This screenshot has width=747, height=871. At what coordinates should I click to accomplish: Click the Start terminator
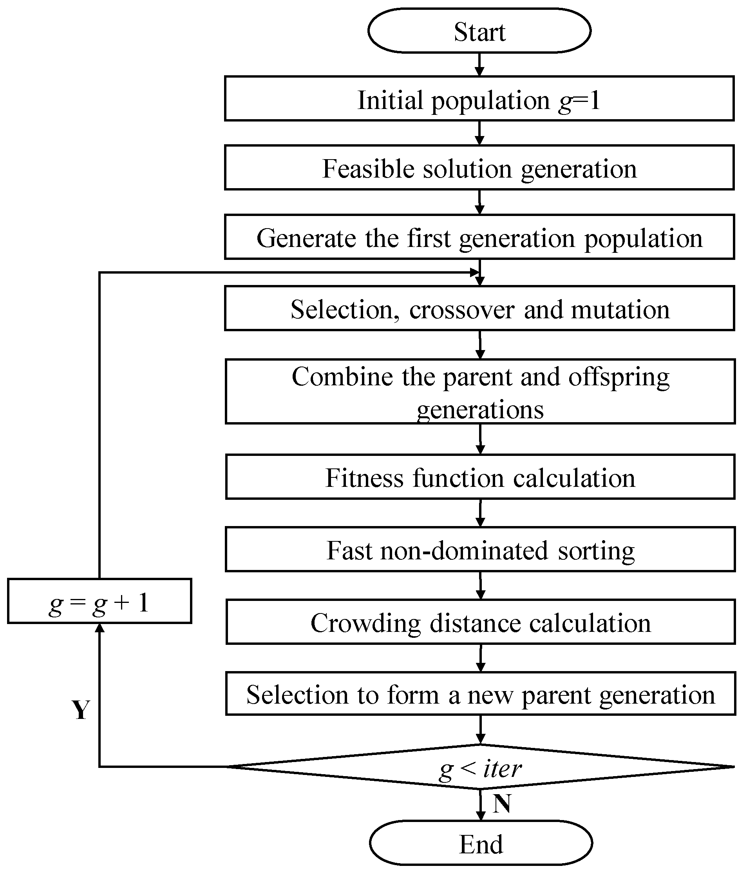click(479, 31)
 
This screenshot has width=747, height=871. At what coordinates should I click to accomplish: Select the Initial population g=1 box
click(479, 99)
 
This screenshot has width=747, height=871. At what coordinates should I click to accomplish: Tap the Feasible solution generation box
click(479, 168)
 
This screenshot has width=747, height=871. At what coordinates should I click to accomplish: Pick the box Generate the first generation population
click(479, 237)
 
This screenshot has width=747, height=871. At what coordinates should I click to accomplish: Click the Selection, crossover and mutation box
click(479, 308)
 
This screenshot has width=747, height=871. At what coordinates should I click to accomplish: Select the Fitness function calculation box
click(480, 477)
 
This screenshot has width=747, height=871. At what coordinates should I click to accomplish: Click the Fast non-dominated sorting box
click(480, 550)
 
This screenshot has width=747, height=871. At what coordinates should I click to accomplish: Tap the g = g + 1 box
click(99, 601)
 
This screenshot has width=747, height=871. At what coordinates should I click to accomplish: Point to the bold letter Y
click(81, 710)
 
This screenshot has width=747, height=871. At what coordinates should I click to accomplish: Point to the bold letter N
click(502, 803)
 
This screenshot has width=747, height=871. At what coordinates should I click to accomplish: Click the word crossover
click(462, 310)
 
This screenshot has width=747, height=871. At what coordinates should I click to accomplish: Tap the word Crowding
click(365, 623)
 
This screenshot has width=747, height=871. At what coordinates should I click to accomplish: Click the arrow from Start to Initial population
click(479, 65)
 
